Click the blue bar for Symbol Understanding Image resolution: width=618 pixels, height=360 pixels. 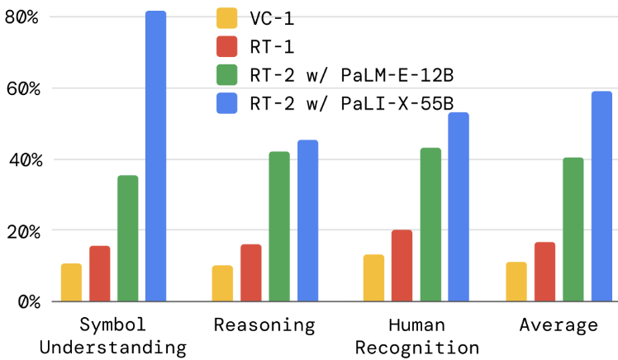click(155, 157)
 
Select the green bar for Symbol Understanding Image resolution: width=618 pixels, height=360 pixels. click(127, 239)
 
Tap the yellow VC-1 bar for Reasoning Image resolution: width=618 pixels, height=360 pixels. click(222, 283)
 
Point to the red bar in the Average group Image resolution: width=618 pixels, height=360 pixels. click(544, 272)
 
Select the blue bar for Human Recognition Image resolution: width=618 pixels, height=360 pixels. click(458, 207)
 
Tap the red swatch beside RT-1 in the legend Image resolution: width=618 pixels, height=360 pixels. click(226, 47)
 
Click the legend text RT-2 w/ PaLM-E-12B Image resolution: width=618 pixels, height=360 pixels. click(351, 76)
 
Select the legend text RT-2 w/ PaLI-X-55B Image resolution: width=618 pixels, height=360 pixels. click(351, 104)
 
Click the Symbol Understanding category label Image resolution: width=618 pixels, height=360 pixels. click(112, 335)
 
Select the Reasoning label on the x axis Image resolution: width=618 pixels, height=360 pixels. click(264, 325)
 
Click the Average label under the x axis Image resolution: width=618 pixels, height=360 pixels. click(559, 325)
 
